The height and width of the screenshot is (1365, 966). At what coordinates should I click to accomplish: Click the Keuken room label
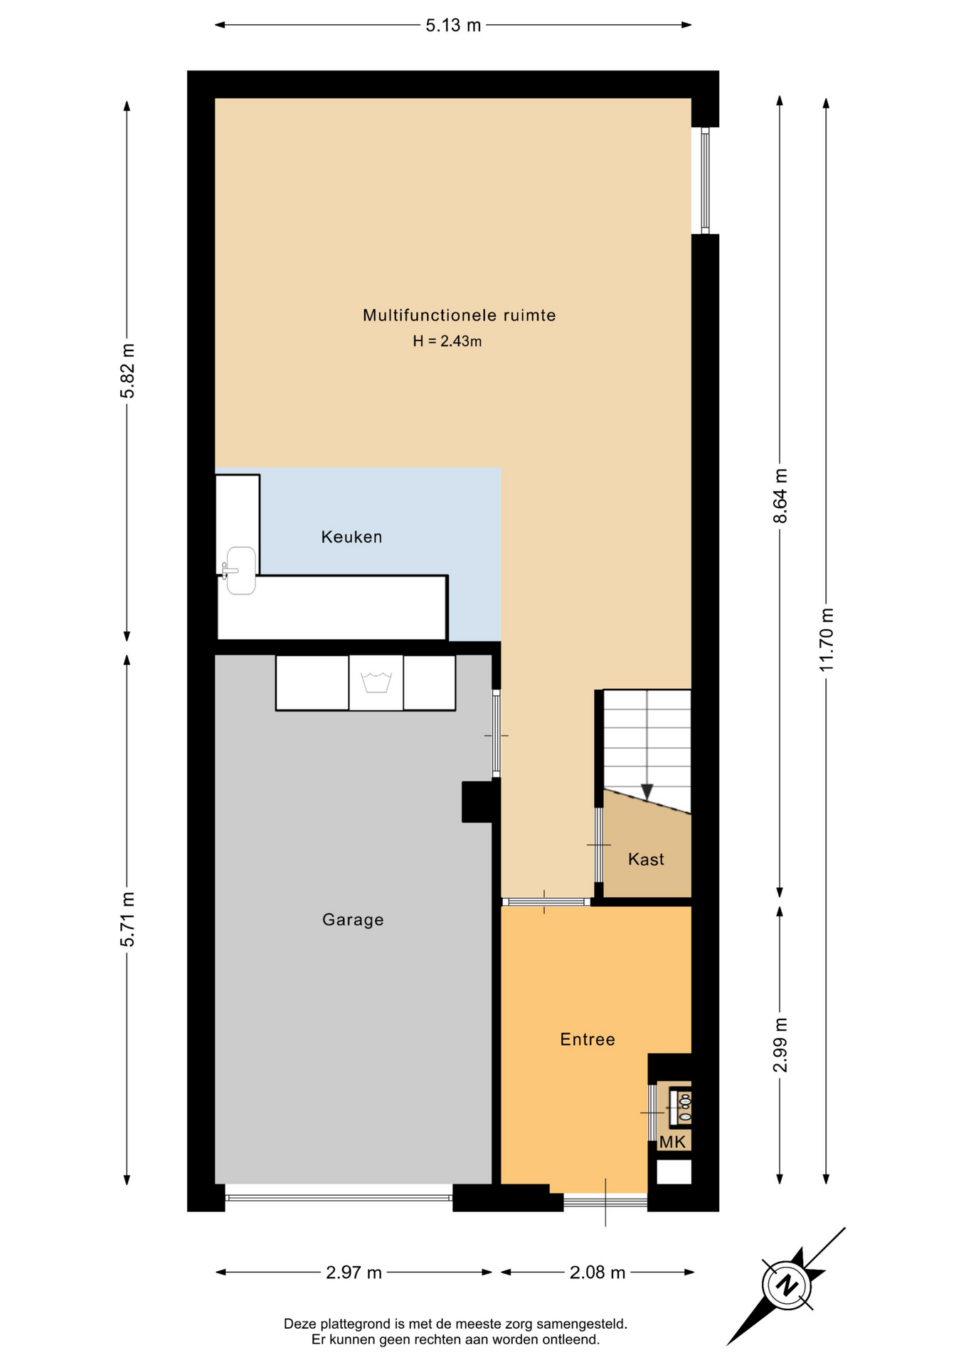pyautogui.click(x=351, y=537)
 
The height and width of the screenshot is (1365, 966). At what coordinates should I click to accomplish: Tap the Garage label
pyautogui.click(x=353, y=920)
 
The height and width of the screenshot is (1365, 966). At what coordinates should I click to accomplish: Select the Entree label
pyautogui.click(x=588, y=1039)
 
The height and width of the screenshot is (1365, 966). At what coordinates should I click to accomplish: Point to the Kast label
pyautogui.click(x=646, y=860)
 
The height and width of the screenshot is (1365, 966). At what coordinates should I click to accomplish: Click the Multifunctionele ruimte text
pyautogui.click(x=460, y=315)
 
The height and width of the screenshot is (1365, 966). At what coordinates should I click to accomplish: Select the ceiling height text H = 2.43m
pyautogui.click(x=447, y=341)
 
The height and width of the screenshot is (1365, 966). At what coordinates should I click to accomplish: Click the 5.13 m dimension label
pyautogui.click(x=453, y=26)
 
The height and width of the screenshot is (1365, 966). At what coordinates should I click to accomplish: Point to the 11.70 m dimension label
pyautogui.click(x=826, y=640)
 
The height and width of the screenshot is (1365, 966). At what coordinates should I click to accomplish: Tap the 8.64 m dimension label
pyautogui.click(x=780, y=496)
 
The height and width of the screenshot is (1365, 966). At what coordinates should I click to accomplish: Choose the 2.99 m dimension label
pyautogui.click(x=780, y=1045)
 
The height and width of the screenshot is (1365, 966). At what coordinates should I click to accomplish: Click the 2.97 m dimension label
pyautogui.click(x=354, y=1273)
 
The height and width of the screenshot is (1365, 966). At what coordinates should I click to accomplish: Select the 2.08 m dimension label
pyautogui.click(x=598, y=1273)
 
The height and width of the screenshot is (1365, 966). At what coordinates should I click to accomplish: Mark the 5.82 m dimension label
pyautogui.click(x=127, y=371)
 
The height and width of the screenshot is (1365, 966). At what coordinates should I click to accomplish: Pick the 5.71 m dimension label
pyautogui.click(x=127, y=919)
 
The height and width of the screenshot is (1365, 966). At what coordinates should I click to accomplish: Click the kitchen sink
pyautogui.click(x=240, y=570)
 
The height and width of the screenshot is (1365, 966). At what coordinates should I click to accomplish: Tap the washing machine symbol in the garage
pyautogui.click(x=376, y=682)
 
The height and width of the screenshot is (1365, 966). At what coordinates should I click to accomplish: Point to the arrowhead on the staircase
pyautogui.click(x=647, y=791)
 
